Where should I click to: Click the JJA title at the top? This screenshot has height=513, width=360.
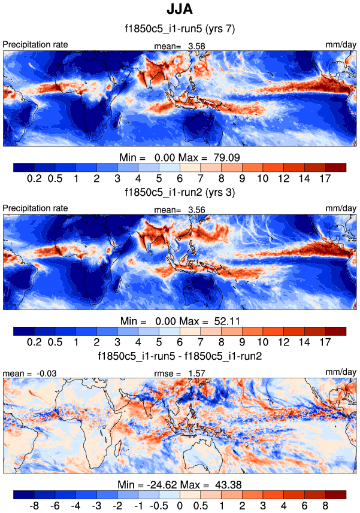click(x=180, y=11)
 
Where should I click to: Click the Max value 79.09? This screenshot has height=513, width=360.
click(x=225, y=157)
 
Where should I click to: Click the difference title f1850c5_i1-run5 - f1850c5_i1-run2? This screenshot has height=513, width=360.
click(x=180, y=357)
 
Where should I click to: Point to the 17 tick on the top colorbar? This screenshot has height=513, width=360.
click(x=325, y=178)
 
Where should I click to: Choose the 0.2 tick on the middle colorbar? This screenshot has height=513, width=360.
click(x=34, y=342)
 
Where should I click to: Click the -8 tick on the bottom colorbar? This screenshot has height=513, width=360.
click(x=34, y=505)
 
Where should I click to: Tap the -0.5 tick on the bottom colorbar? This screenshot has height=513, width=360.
click(x=159, y=505)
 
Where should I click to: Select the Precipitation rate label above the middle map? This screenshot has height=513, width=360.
click(x=35, y=208)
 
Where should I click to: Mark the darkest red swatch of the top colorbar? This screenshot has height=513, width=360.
click(x=335, y=167)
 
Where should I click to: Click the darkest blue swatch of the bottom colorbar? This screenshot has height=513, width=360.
click(x=23, y=494)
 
